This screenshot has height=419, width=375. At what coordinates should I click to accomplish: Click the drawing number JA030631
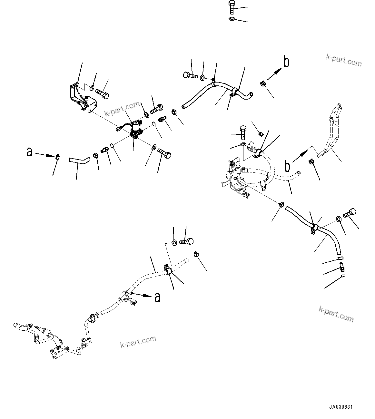(341, 407)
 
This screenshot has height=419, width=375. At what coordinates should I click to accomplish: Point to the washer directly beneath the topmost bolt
(232, 19)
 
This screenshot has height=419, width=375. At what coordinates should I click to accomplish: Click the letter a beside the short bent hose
(30, 152)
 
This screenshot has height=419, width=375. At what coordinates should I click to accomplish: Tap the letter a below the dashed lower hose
(157, 297)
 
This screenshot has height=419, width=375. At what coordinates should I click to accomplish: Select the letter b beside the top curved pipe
(286, 62)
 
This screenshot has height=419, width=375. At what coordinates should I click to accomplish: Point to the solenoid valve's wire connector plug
(118, 130)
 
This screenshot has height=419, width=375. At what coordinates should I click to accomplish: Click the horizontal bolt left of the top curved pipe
(190, 76)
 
